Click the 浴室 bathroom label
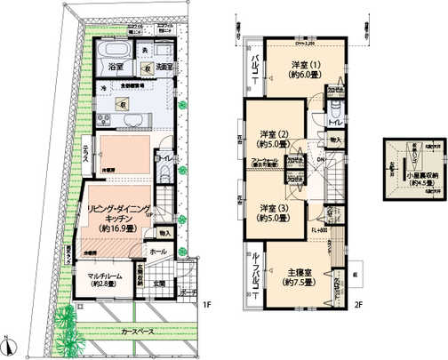point(116,68)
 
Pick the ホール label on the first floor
point(158,252)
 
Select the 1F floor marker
point(206,308)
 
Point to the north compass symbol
point(8,345)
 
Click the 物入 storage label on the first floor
point(164,233)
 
